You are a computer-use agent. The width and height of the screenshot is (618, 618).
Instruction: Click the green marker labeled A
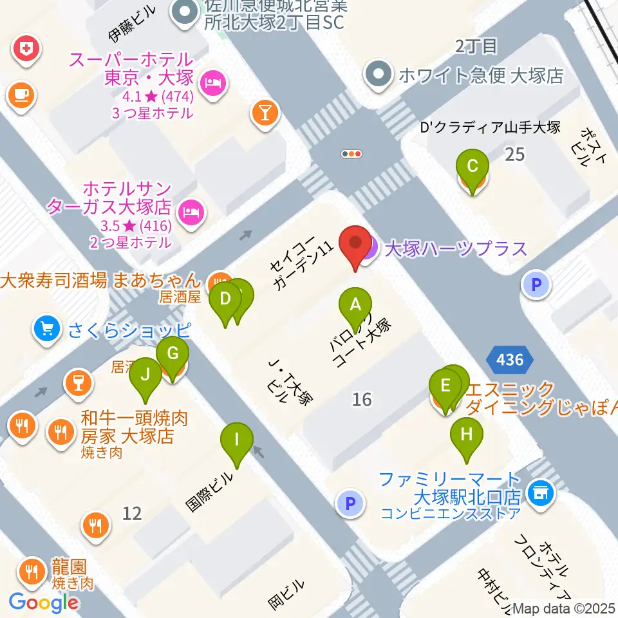pyautogui.click(x=355, y=306)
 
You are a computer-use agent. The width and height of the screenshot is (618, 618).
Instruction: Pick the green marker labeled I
pyautogui.click(x=236, y=442)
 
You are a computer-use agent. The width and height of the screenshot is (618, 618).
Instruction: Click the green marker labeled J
pyautogui.click(x=145, y=375)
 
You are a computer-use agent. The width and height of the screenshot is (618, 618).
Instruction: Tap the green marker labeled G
pyautogui.click(x=172, y=355)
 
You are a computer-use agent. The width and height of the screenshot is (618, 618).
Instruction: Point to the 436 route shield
pyautogui.click(x=510, y=360)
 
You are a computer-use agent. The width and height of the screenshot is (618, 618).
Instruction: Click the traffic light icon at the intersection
pyautogui.click(x=352, y=154)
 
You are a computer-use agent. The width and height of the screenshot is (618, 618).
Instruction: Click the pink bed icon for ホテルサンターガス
pyautogui.click(x=190, y=210)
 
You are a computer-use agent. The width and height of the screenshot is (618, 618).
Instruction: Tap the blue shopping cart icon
pyautogui.click(x=46, y=330)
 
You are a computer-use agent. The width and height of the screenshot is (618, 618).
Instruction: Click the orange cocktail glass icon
pyautogui.click(x=265, y=113)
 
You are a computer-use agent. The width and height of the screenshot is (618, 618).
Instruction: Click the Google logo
pyautogui.click(x=44, y=602)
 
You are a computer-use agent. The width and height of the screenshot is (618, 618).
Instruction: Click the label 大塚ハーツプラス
pyautogui.click(x=455, y=248)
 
